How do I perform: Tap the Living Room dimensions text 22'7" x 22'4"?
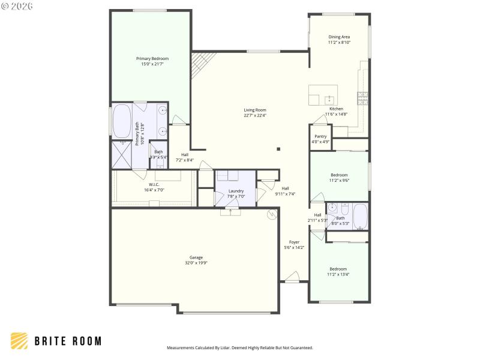pyautogui.click(x=255, y=116)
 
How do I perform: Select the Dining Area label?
pyautogui.click(x=339, y=37)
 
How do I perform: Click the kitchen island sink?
pyautogui.click(x=329, y=99)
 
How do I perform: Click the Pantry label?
pyautogui.click(x=320, y=136)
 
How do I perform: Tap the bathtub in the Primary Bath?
pyautogui.click(x=122, y=121)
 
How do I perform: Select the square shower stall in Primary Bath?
pyautogui.click(x=122, y=154)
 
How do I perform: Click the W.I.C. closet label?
pyautogui.click(x=154, y=184)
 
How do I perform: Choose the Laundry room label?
pyautogui.click(x=236, y=191)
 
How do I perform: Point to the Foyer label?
pyautogui.click(x=294, y=242)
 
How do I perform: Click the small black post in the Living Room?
pyautogui.click(x=278, y=149)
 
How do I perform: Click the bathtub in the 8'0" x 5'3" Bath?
pyautogui.click(x=360, y=216)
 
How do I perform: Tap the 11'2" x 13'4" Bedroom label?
pyautogui.click(x=338, y=269)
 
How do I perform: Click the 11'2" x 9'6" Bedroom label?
pyautogui.click(x=339, y=175)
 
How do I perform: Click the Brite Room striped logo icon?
pyautogui.click(x=19, y=341)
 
